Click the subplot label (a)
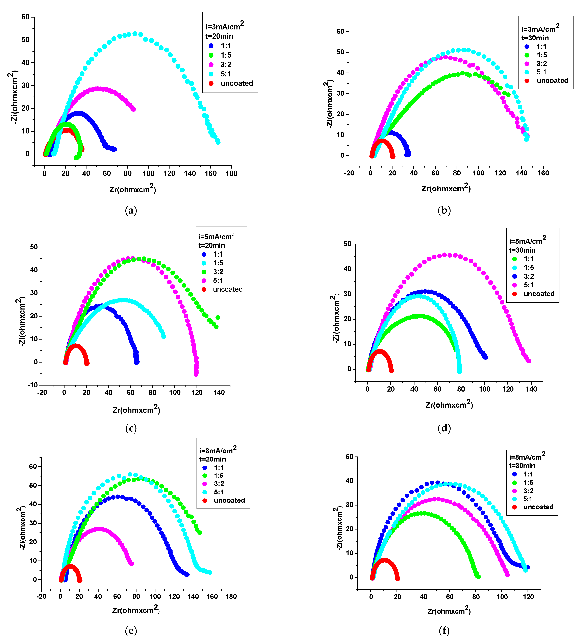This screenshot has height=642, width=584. click(131, 211)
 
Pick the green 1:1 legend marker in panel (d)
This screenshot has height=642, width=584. click(515, 259)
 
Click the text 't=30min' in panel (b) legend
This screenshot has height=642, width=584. click(535, 38)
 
